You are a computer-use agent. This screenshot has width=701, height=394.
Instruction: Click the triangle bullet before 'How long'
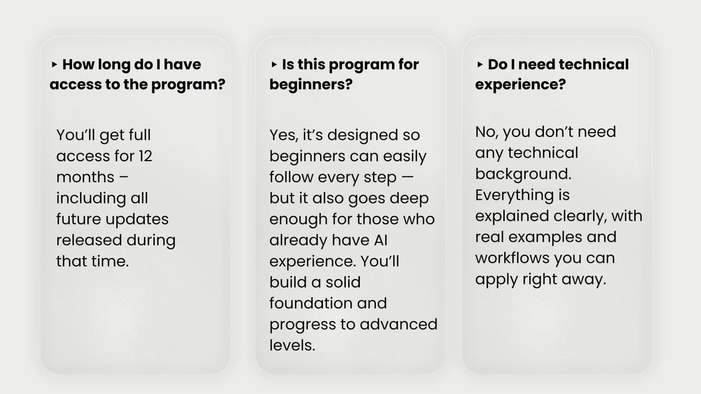click(x=54, y=65)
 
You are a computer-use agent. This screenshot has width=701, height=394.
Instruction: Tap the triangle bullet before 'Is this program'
click(x=274, y=65)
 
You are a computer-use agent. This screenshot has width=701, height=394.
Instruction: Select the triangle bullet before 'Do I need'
click(x=480, y=65)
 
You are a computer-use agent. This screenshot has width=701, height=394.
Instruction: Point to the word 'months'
click(x=85, y=177)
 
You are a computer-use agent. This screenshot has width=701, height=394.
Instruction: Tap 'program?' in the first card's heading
click(x=188, y=85)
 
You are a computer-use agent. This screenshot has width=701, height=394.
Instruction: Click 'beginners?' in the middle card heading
click(x=311, y=84)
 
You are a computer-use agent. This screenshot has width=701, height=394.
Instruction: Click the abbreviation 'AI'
click(x=380, y=240)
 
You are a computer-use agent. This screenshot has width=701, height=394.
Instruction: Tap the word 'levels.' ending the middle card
click(x=292, y=345)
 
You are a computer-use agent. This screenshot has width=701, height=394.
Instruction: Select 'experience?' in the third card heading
click(x=521, y=85)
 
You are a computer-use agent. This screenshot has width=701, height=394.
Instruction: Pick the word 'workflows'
click(x=512, y=258)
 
